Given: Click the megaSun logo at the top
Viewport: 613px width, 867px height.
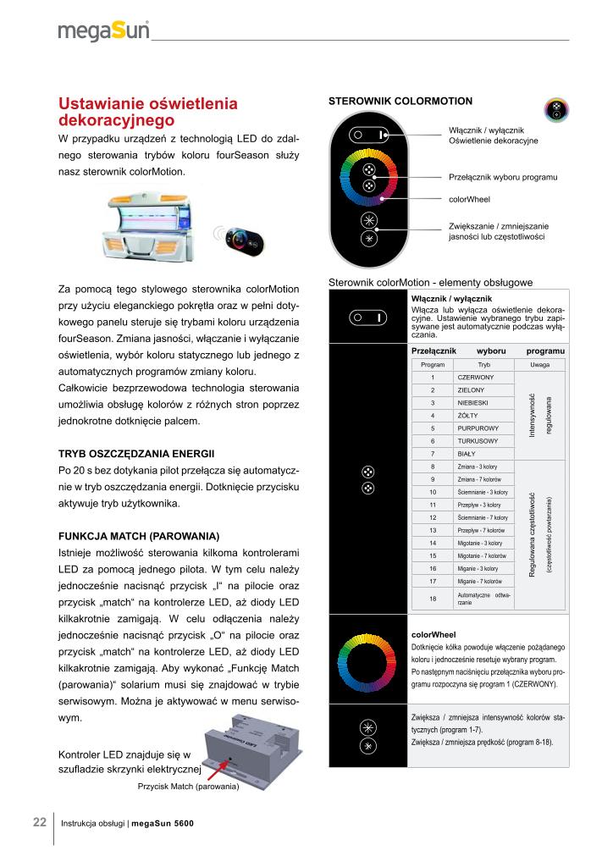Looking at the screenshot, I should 103,31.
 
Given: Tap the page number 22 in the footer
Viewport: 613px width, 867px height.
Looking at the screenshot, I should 40,822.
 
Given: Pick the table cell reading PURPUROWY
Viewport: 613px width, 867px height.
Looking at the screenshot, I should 478,428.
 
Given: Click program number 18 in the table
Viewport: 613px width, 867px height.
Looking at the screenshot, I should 433,598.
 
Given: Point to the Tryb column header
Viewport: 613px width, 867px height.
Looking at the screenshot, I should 483,364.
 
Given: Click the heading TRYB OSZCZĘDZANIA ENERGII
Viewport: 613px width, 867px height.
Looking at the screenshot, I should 136,454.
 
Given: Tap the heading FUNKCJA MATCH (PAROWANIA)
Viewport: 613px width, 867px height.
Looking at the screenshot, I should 139,537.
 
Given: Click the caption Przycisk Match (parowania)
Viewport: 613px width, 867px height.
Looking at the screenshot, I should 189,787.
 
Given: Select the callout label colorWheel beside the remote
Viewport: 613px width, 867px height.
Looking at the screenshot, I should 469,200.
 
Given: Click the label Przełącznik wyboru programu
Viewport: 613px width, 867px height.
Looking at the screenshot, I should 502,177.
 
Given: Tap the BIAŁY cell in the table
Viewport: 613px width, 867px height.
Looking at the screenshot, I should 467,454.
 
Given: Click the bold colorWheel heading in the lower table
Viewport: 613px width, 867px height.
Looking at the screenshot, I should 434,634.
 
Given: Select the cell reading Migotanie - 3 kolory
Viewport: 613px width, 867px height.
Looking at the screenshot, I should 480,543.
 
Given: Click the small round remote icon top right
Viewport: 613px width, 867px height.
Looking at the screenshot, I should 557,109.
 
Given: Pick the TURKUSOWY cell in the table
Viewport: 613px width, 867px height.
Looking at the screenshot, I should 478,441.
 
